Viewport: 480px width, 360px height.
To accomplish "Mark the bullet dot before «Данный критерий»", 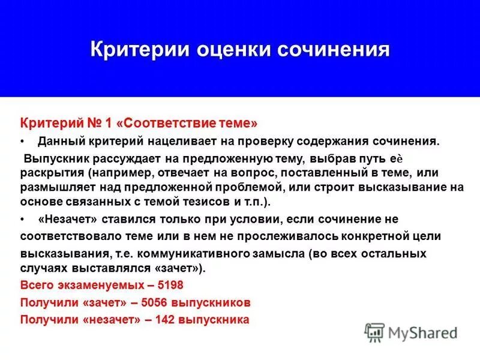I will [23, 142].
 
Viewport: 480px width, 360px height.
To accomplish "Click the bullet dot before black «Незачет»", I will [23, 219].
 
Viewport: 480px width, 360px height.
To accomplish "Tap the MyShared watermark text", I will [422, 332].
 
